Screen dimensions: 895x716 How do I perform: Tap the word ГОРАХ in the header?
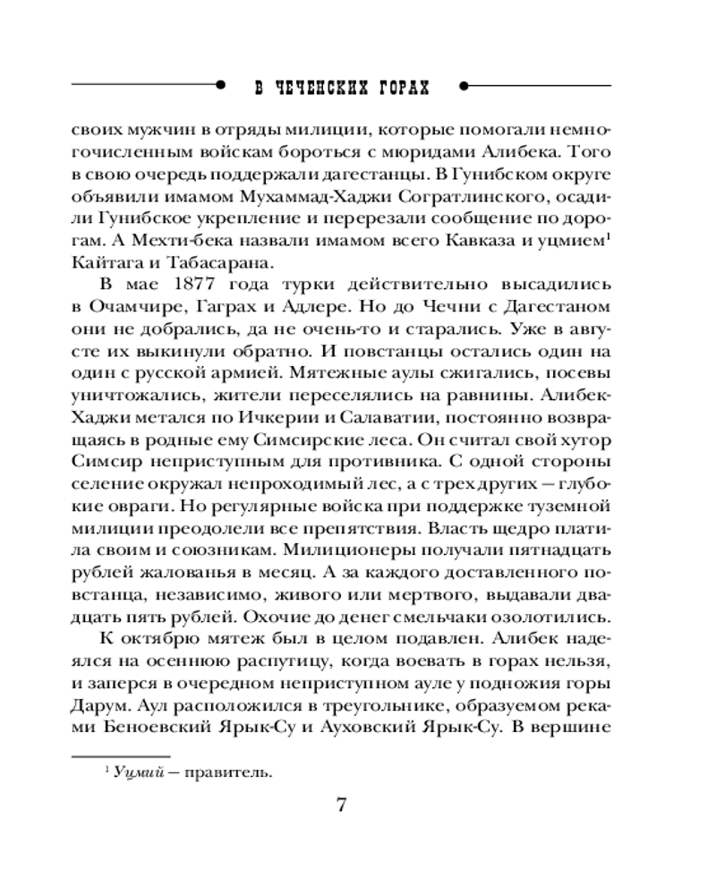tap(400, 88)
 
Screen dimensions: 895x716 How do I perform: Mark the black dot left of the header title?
tap(220, 87)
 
